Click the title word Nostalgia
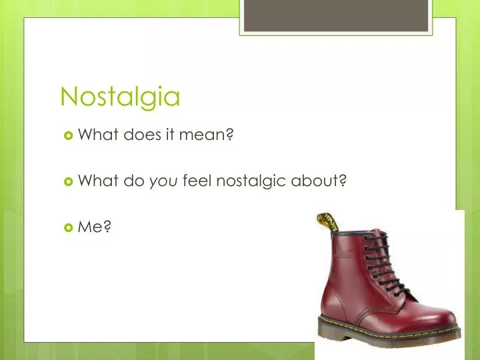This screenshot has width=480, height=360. (120, 97)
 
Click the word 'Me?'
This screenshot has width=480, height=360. (95, 227)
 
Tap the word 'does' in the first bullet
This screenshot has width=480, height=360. (140, 136)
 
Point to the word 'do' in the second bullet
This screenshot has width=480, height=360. (131, 181)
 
